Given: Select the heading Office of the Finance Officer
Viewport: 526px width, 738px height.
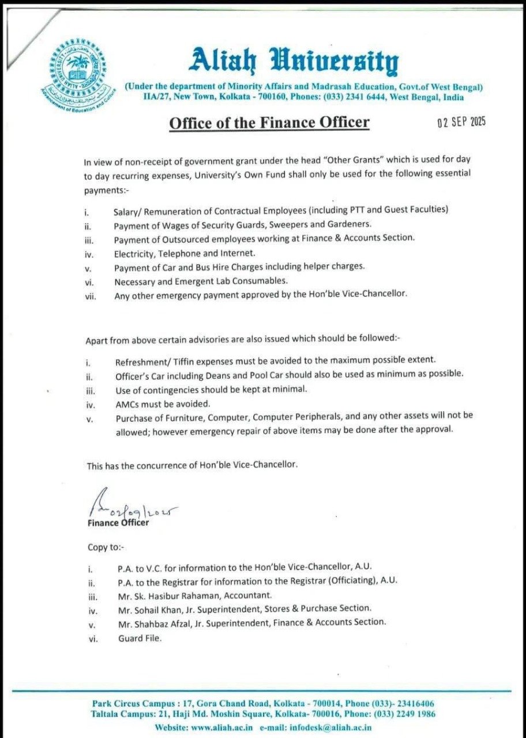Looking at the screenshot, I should [269, 123].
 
